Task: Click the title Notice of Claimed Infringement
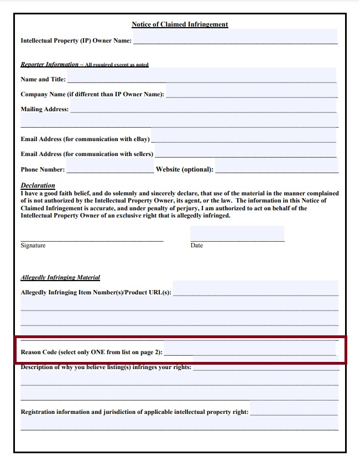[180, 24]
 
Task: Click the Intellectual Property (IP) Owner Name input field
[235, 38]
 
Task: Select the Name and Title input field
[201, 76]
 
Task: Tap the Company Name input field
[251, 91]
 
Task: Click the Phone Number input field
[109, 167]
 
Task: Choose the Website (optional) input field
[275, 167]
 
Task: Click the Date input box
[237, 234]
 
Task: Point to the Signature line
[92, 240]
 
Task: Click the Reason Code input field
[250, 349]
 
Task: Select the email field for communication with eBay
[244, 136]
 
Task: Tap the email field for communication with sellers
[246, 151]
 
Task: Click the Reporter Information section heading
[50, 65]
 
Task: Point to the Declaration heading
[38, 185]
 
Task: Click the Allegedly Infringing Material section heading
[60, 277]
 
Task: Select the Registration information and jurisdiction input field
[294, 409]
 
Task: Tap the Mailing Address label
[44, 109]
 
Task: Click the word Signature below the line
[33, 245]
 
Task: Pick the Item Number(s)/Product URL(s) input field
[255, 289]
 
